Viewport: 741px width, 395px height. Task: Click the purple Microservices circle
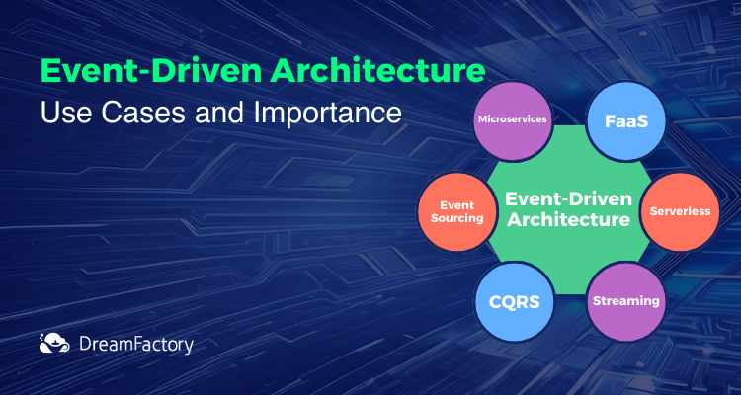click(x=513, y=120)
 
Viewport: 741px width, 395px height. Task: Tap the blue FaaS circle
click(x=625, y=120)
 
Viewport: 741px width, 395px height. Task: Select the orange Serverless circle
click(x=680, y=211)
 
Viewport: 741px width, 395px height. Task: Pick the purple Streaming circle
click(x=625, y=301)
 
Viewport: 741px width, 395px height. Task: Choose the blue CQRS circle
click(x=514, y=301)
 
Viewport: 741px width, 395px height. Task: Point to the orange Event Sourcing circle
click(x=457, y=211)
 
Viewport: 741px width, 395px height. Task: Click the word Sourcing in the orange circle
click(x=457, y=218)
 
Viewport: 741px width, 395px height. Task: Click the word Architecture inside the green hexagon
click(x=568, y=219)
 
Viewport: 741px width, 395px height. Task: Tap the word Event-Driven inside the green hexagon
click(x=568, y=198)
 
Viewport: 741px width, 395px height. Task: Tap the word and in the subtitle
click(x=216, y=114)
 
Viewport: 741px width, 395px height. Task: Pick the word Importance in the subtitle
click(x=327, y=115)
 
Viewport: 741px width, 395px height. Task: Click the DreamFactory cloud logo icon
click(x=54, y=343)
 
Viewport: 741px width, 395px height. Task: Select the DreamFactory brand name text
click(x=136, y=345)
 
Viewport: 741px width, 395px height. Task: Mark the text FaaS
click(x=626, y=121)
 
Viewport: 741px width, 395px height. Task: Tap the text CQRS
click(x=514, y=302)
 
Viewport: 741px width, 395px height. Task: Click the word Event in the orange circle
click(x=457, y=205)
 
